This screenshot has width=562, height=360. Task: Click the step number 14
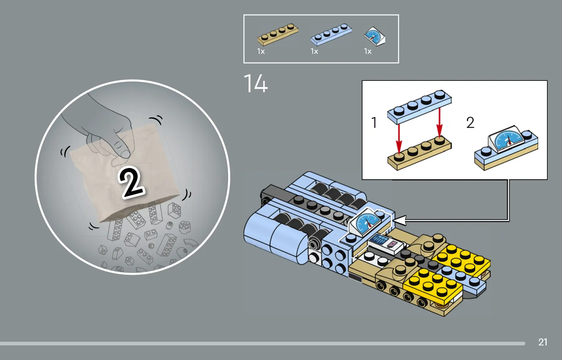pos(256,83)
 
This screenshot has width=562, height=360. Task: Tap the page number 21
pos(543,342)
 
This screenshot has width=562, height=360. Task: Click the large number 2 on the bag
pos(131,183)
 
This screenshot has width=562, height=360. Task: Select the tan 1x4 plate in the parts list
pos(278,34)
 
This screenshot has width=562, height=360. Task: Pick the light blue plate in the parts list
pos(331,34)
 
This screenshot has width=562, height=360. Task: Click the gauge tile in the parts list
pos(375,37)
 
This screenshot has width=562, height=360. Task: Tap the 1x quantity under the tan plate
pos(261,51)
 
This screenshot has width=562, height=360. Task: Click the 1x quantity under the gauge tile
pos(368,51)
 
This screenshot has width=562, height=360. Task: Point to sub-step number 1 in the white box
pos(374,123)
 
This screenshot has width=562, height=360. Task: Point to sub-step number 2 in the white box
pos(470,123)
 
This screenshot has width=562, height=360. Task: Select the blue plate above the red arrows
pos(420,107)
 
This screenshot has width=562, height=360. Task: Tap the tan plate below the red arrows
pos(420,153)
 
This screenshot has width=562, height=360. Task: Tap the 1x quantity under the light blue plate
pos(315,51)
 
